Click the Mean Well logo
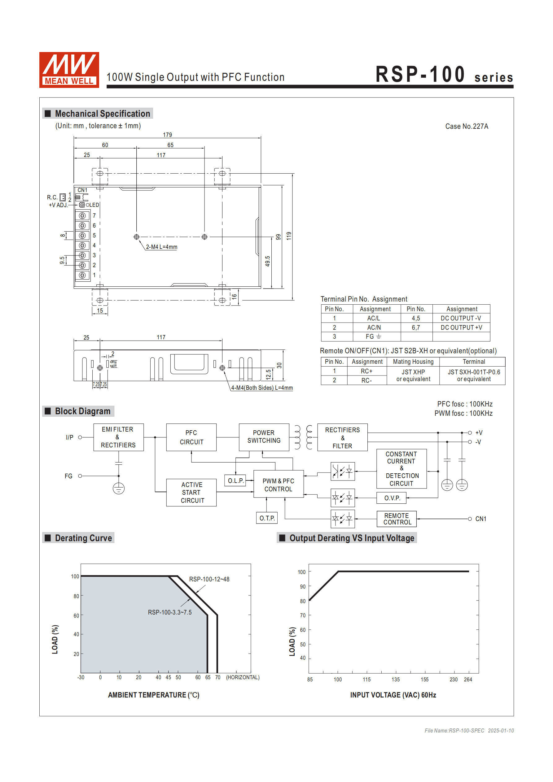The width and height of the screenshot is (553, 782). point(69,70)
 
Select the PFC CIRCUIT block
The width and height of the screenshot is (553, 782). point(191,437)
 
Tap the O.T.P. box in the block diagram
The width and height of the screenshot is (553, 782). point(267,518)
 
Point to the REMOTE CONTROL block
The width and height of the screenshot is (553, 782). point(397,519)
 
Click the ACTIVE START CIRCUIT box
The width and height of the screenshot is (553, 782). point(191,492)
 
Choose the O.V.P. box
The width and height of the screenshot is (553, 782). point(391,498)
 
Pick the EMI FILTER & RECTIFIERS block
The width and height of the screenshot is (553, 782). point(118,437)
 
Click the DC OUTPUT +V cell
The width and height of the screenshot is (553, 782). point(461,327)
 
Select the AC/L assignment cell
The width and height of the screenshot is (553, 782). point(373,318)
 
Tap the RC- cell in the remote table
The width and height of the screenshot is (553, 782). point(366,380)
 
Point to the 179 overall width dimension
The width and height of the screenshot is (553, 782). point(167,135)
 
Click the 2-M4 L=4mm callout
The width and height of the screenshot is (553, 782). point(162,247)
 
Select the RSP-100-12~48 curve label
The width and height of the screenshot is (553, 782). point(209,579)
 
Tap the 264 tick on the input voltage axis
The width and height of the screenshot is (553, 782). point(468,680)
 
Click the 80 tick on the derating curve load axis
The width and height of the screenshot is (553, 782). point(76,596)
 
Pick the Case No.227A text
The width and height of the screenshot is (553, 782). point(466,126)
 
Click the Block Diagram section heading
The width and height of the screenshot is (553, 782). point(82,411)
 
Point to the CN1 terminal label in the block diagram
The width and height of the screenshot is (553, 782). point(481,519)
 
